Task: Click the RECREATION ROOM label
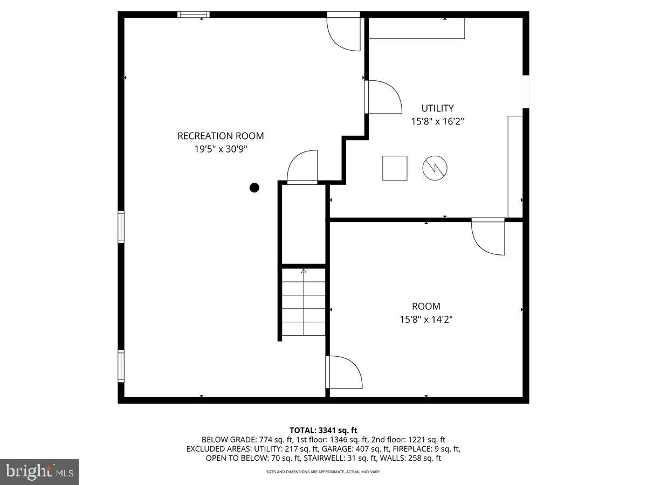[x=221, y=136]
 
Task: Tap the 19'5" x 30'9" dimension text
[x=221, y=149]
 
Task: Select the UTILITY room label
[x=437, y=108]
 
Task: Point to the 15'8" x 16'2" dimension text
[x=437, y=122]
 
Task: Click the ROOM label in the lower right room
[x=426, y=306]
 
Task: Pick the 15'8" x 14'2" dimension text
[x=426, y=320]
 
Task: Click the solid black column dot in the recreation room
[x=254, y=188]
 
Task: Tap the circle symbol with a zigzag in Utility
[x=435, y=168]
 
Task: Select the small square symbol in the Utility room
[x=395, y=168]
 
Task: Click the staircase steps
[x=304, y=302]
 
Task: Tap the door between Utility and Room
[x=488, y=236]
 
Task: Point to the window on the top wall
[x=193, y=15]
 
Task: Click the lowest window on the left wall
[x=121, y=366]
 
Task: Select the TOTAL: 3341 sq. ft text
[x=323, y=430]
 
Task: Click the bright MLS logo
[x=39, y=472]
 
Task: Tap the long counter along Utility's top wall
[x=416, y=28]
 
